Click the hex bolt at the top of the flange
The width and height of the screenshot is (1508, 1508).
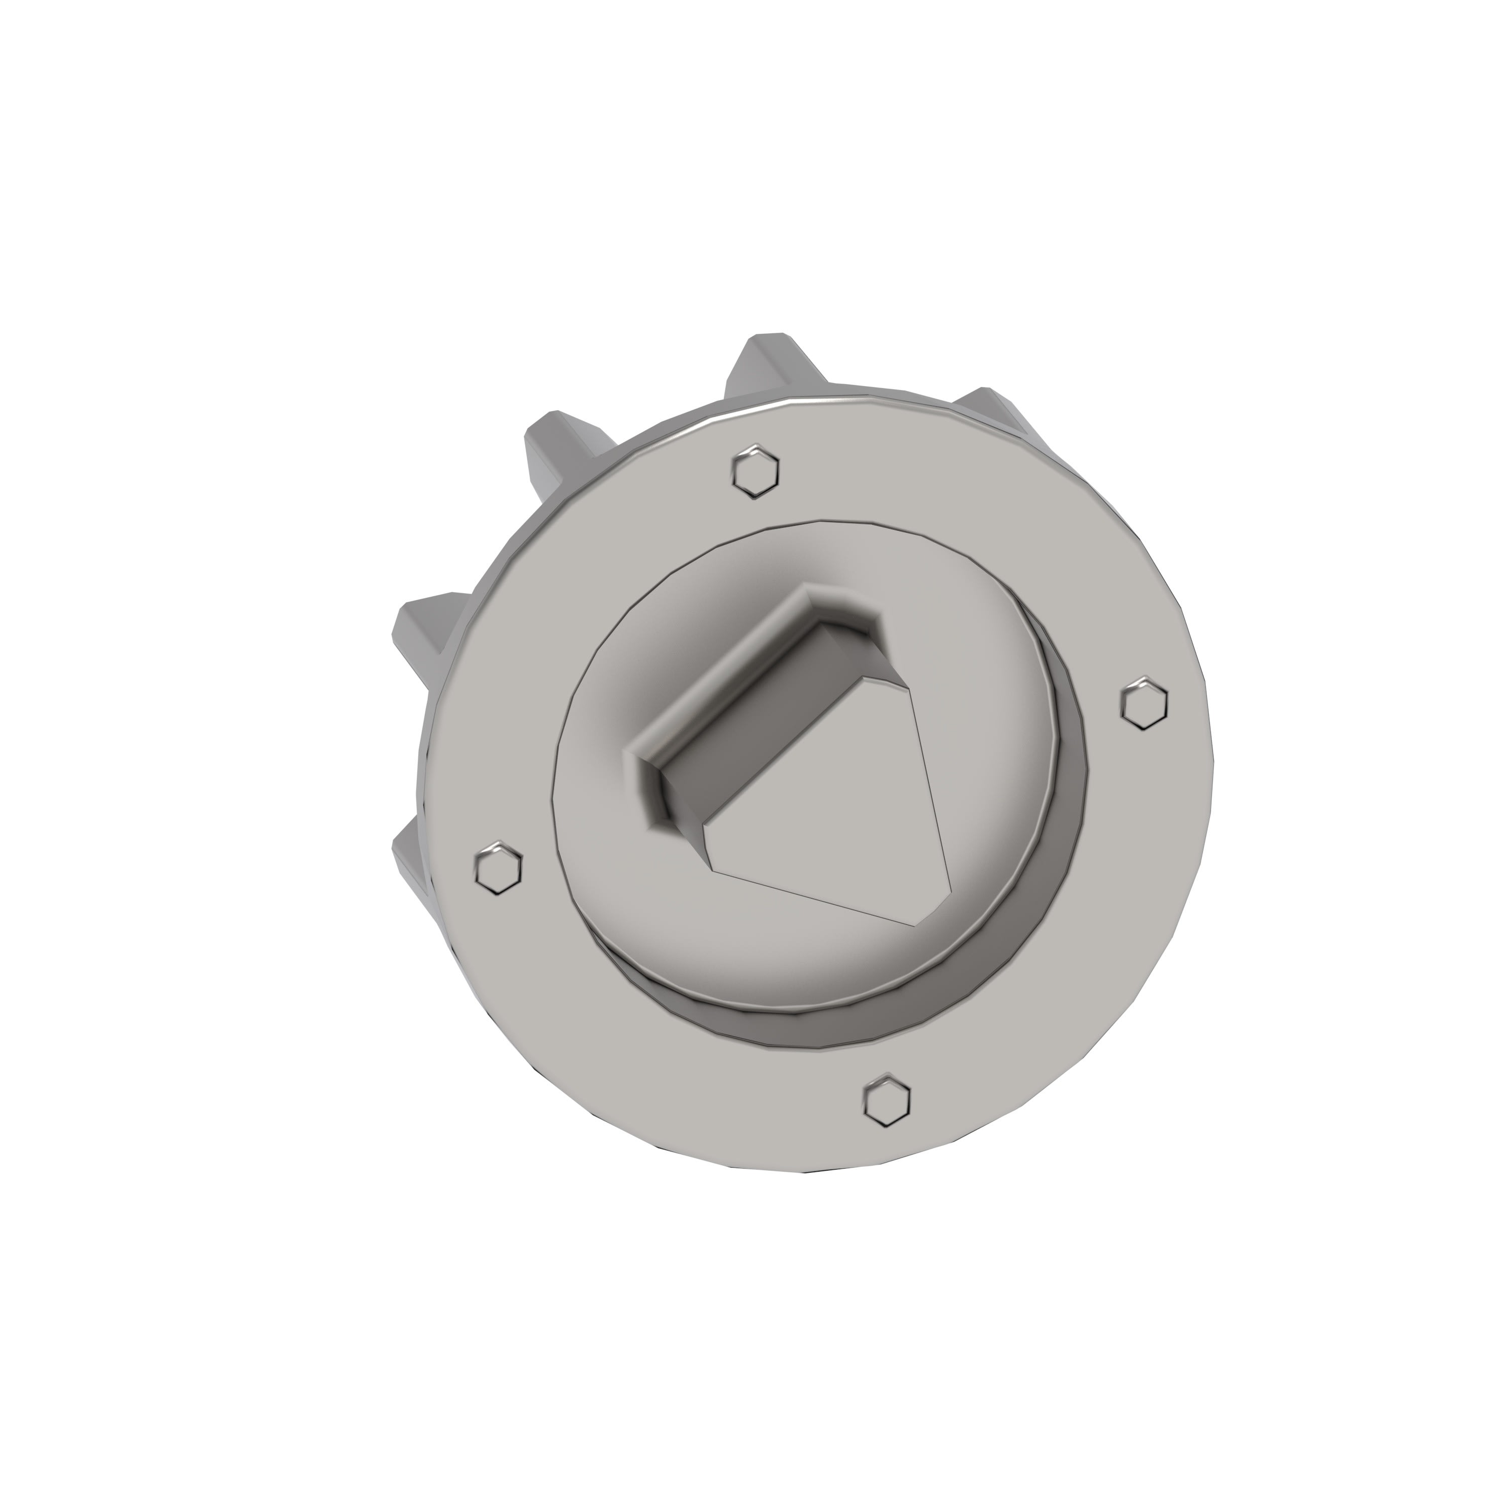[x=756, y=470]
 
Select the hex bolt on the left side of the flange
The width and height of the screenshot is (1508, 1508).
[x=499, y=868]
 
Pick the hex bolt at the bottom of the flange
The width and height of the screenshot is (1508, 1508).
[x=888, y=1100]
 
